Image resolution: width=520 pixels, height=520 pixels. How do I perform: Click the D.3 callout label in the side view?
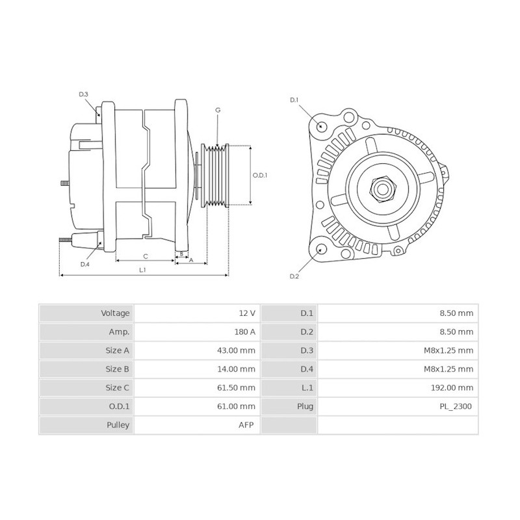pos(84,95)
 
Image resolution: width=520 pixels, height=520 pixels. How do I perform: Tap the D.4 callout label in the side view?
pos(84,265)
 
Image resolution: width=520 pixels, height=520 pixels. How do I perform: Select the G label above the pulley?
pos(218,110)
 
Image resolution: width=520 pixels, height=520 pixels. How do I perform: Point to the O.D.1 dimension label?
pos(260,175)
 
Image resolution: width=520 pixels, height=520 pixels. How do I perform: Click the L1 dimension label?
pos(142,269)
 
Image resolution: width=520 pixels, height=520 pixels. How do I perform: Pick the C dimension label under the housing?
pos(146,255)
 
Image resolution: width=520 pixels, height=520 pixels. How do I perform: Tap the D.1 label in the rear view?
pos(294,99)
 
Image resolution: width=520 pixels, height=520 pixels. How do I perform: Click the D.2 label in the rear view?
pos(294,276)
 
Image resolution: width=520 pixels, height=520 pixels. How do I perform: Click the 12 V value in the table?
pos(247,313)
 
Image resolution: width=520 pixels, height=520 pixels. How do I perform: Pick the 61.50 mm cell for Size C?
pos(237,388)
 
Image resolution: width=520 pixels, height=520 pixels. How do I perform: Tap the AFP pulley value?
pos(246,426)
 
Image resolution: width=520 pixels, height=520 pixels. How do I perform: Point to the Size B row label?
pos(117,369)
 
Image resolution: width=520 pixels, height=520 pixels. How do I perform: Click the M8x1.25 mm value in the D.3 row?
pos(448,350)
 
